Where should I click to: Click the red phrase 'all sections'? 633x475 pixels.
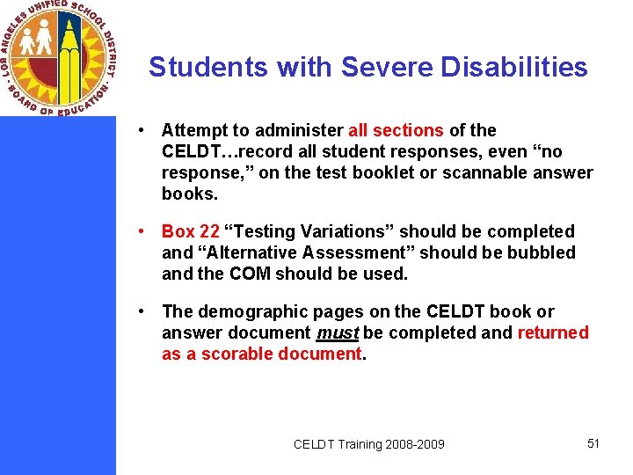(396, 130)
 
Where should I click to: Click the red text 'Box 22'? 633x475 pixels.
(191, 231)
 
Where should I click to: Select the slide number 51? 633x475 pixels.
(593, 443)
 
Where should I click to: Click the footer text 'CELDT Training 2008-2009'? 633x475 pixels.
(368, 444)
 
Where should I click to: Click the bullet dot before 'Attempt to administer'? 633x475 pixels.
(141, 130)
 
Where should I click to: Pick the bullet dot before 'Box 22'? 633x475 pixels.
(141, 231)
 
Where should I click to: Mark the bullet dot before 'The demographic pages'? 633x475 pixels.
(141, 311)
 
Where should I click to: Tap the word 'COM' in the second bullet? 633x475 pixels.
(251, 274)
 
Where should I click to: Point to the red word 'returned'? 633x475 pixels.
(553, 332)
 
